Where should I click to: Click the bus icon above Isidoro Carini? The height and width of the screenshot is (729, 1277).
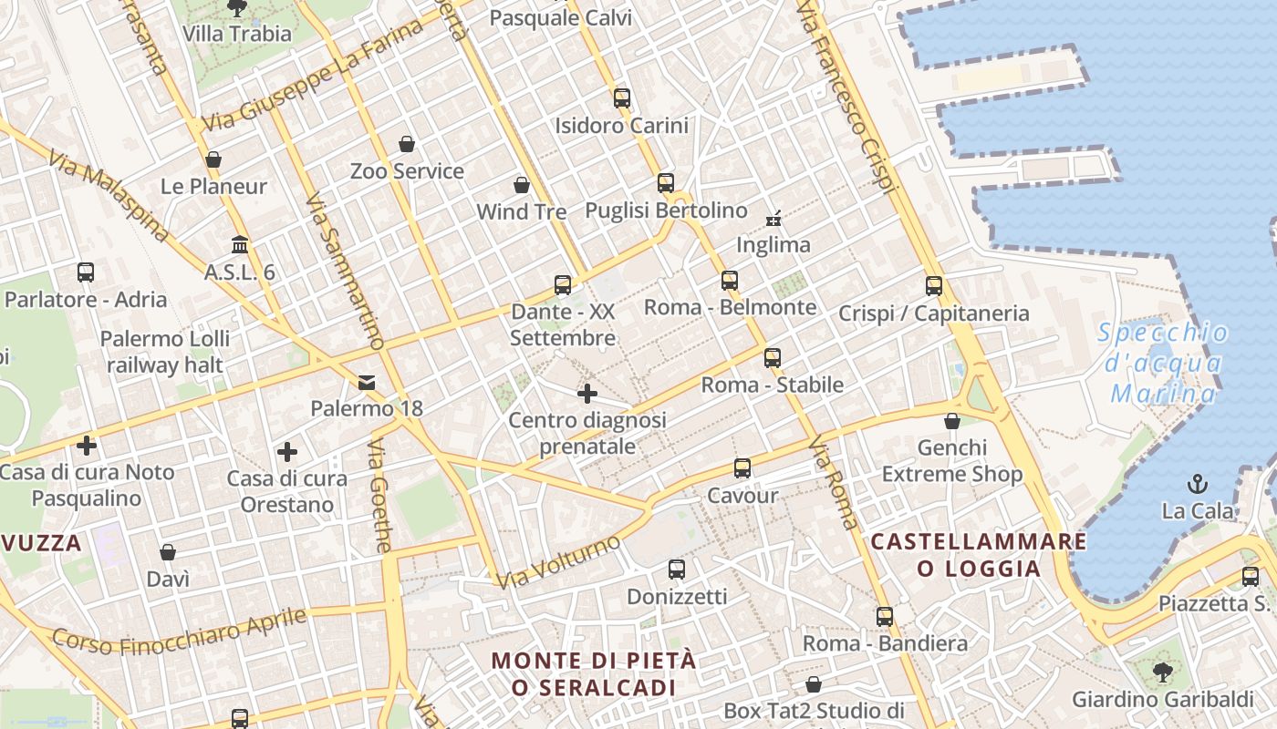[622, 98]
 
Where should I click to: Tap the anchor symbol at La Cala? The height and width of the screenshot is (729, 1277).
[1198, 484]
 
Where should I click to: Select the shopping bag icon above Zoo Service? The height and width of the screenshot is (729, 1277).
[407, 144]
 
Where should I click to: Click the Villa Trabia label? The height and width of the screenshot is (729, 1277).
[237, 34]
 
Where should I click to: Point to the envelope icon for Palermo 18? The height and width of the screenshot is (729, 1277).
[367, 382]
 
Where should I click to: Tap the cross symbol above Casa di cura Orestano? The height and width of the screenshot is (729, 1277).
[287, 452]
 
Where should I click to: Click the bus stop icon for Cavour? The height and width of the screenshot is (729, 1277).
[742, 468]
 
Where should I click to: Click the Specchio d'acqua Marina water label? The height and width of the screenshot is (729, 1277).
[1163, 363]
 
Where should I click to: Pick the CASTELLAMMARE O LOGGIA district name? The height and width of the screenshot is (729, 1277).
[979, 555]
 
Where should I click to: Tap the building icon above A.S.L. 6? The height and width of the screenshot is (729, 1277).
[240, 245]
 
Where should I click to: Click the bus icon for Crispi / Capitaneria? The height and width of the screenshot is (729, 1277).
[934, 286]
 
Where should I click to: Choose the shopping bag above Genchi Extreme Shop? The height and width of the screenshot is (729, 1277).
[952, 421]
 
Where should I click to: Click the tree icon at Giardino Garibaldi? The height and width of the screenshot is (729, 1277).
[1162, 673]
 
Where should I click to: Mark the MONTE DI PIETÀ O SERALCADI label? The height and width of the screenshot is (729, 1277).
[594, 673]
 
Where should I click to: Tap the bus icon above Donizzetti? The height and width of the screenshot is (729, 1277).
[677, 570]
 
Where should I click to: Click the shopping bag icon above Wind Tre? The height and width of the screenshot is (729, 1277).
[522, 186]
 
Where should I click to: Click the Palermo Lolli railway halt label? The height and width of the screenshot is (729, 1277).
[164, 352]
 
